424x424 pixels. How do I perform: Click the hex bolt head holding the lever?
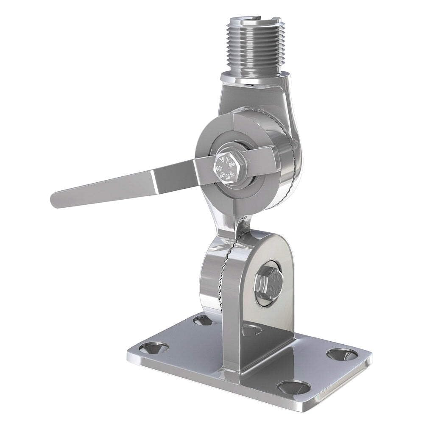click(x=229, y=165)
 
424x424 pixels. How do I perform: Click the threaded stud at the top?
click(x=254, y=47)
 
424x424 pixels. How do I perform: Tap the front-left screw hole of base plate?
click(x=153, y=348)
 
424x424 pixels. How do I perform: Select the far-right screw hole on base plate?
click(x=343, y=354)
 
